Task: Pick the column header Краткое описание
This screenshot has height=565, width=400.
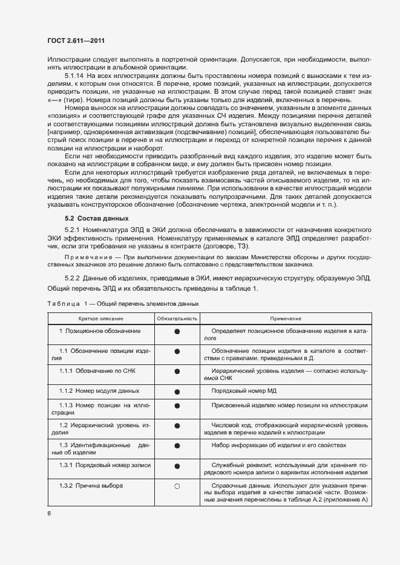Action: pyautogui.click(x=100, y=318)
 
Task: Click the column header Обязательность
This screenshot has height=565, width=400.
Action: pyautogui.click(x=177, y=318)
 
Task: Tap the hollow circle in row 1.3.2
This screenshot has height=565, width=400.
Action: pyautogui.click(x=177, y=486)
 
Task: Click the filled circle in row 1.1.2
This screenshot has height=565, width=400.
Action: pyautogui.click(x=177, y=391)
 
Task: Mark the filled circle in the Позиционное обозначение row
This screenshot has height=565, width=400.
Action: pyautogui.click(x=177, y=332)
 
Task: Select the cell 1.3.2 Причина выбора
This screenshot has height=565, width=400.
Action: pyautogui.click(x=91, y=486)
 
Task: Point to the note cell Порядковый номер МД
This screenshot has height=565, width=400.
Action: pyautogui.click(x=244, y=391)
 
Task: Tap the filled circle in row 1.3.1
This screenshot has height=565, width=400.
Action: pyautogui.click(x=177, y=466)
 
